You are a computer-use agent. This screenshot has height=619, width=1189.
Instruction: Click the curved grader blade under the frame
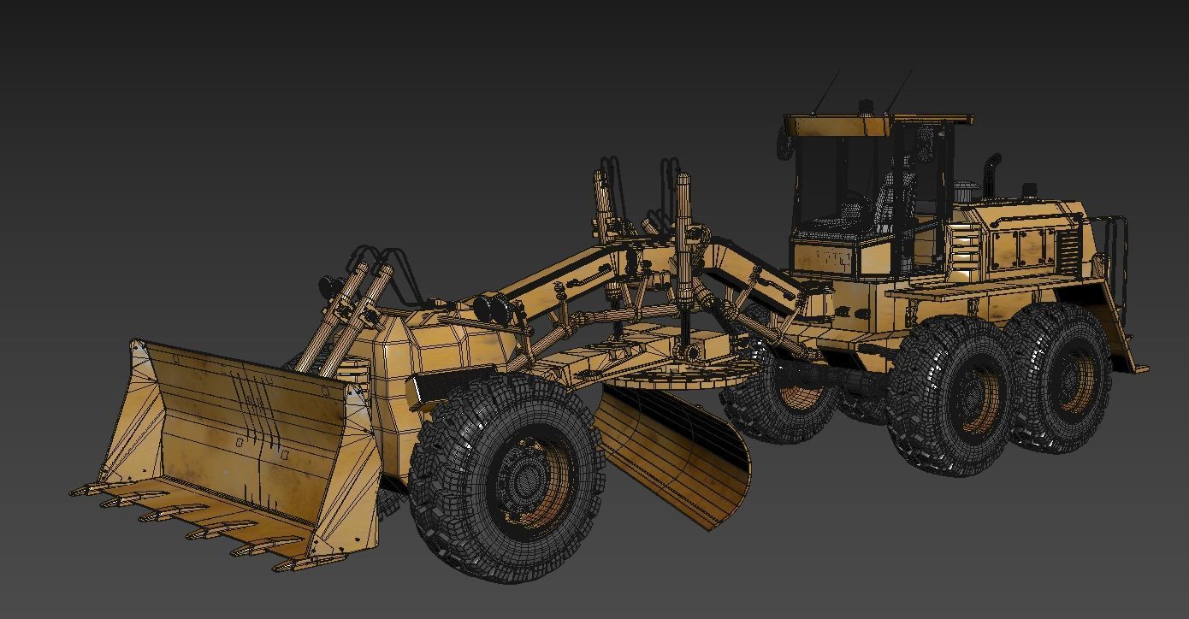676,453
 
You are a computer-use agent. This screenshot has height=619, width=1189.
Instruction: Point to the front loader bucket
231,445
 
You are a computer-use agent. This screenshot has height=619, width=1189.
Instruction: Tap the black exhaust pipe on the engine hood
992,175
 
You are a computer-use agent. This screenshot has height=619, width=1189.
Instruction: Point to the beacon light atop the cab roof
866,108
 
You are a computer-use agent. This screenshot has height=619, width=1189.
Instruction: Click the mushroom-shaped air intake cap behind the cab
966,190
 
